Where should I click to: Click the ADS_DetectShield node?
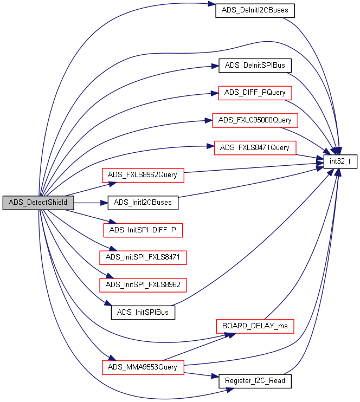click(38, 203)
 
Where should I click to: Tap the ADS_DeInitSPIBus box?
click(255, 66)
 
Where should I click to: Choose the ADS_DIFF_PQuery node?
click(255, 93)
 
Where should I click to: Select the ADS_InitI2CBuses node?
click(143, 203)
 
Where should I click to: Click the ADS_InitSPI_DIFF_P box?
click(143, 230)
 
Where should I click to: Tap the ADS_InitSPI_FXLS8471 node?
click(143, 257)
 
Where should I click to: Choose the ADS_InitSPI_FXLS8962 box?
click(143, 284)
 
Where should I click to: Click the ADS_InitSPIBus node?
click(143, 312)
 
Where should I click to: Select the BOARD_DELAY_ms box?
click(255, 326)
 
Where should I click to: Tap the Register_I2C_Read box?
click(255, 381)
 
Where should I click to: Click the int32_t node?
click(340, 161)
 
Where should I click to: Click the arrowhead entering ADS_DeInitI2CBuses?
click(212, 5)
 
